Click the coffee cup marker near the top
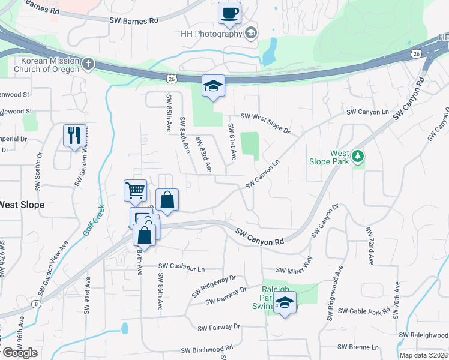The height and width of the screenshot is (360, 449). [229, 13]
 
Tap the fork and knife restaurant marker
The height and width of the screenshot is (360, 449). [75, 136]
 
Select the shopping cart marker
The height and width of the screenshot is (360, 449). [135, 191]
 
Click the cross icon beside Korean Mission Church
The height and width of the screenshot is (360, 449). [88, 63]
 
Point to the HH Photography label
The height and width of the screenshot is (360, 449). [211, 34]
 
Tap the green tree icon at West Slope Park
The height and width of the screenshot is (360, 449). [358, 156]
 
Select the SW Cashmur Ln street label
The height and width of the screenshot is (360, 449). [181, 266]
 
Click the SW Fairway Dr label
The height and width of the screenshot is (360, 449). [218, 328]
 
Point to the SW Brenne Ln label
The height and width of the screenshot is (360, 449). [358, 347]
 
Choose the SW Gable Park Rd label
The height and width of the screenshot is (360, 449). [364, 311]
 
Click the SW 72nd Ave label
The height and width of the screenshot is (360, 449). [369, 246]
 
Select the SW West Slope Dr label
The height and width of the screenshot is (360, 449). [265, 116]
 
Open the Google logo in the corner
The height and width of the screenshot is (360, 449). [20, 353]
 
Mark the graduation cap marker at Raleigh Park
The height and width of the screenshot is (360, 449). [285, 303]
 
